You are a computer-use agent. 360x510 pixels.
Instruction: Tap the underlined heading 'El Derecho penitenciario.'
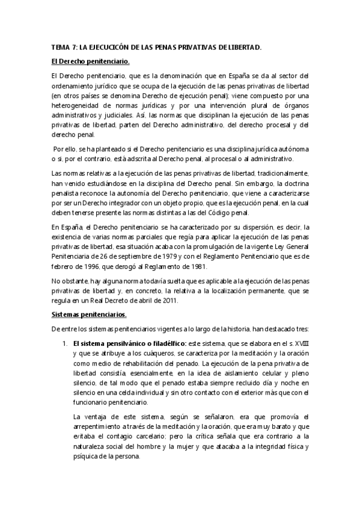point(90,61)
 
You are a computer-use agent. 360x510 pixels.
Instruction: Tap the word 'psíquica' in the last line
point(86,455)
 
